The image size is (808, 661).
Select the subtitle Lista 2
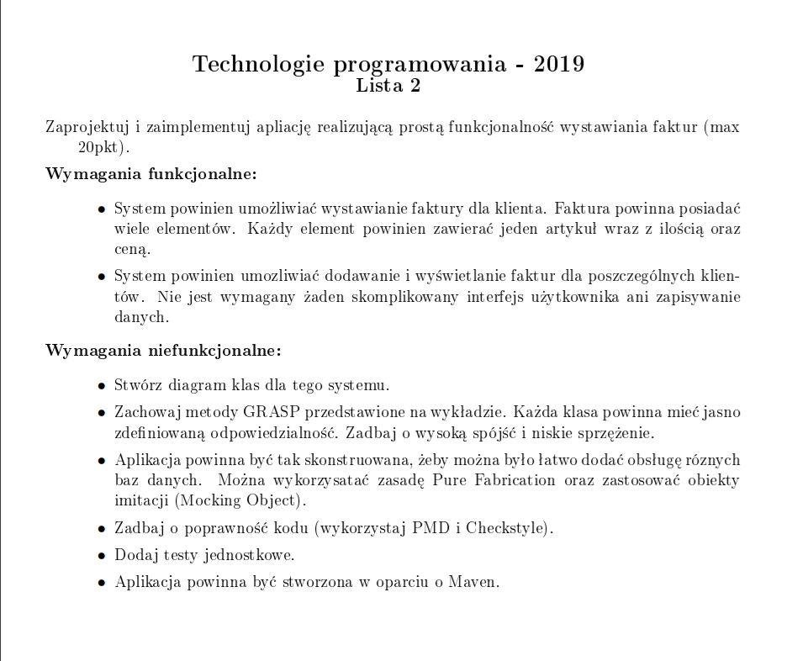point(388,85)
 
